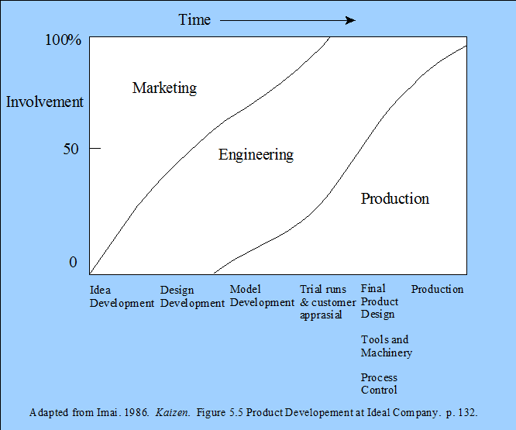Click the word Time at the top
coord(194,19)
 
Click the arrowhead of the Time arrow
coord(351,20)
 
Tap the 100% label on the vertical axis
coord(63,40)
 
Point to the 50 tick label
coord(71,149)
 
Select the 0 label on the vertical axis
coord(73,262)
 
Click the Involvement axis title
coord(45,101)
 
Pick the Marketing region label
coord(164,88)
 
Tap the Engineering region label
coord(256,155)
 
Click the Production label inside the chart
coord(395,198)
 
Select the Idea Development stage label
coord(122,297)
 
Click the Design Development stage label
coord(192,297)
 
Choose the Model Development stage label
coord(262,296)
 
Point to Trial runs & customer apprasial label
coord(328,302)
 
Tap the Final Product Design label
coord(380,301)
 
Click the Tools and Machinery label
coord(387,346)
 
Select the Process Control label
coord(379,384)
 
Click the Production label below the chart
coord(437,289)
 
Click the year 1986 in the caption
coord(136,412)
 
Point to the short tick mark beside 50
coord(95,149)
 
